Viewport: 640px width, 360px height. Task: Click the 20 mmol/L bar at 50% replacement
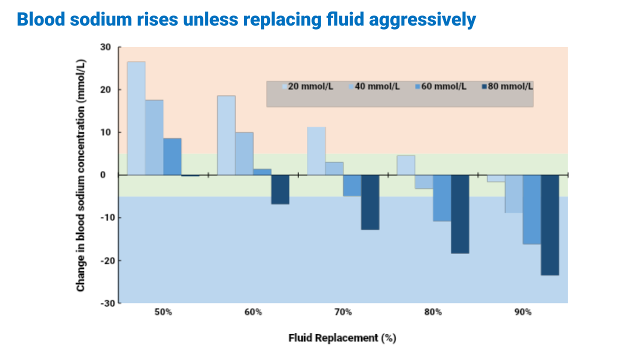pos(136,118)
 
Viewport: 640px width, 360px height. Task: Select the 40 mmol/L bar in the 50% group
pos(154,137)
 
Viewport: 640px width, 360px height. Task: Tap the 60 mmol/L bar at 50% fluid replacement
pos(172,156)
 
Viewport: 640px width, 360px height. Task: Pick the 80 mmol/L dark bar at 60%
pos(280,189)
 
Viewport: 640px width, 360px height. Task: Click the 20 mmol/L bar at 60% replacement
pos(226,135)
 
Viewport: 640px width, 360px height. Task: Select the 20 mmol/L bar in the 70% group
pos(316,151)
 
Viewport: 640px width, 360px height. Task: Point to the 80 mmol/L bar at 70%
pos(370,202)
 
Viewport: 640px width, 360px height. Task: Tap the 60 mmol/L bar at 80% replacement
pos(442,198)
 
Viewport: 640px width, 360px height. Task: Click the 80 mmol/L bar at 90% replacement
pos(549,225)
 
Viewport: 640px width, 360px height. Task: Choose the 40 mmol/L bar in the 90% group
pos(513,194)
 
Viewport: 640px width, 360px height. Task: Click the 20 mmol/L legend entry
pos(307,86)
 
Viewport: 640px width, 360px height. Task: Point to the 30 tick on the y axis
pos(106,47)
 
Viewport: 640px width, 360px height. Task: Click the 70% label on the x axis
pos(343,312)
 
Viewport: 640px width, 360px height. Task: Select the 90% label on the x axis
pos(523,312)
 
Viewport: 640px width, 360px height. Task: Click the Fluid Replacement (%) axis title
pos(342,338)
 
